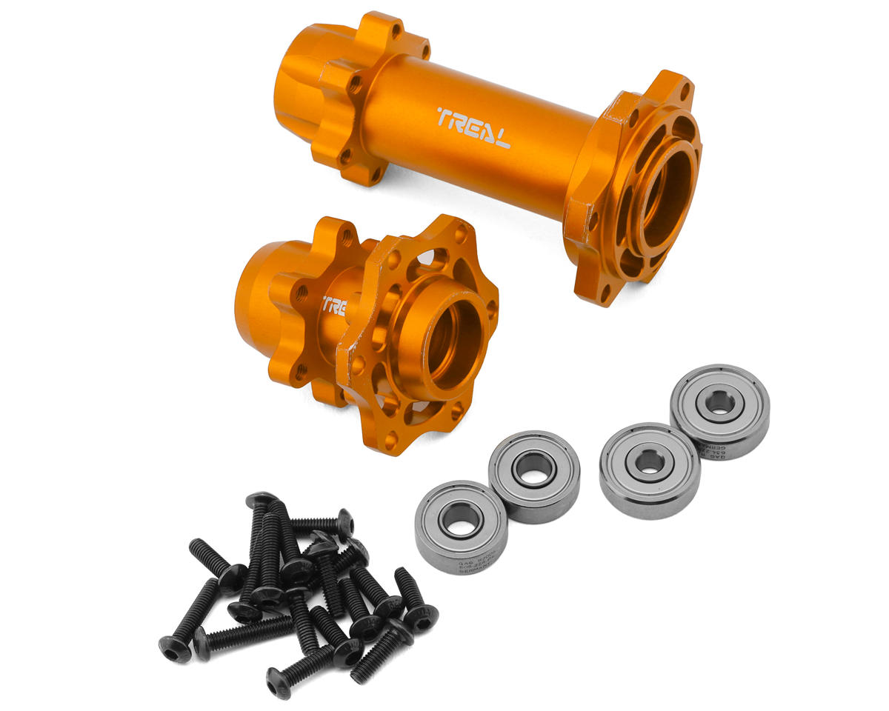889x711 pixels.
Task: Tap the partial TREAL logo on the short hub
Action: [334, 306]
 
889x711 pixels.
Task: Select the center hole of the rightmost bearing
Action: [719, 404]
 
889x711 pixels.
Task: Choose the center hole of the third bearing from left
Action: [650, 462]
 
